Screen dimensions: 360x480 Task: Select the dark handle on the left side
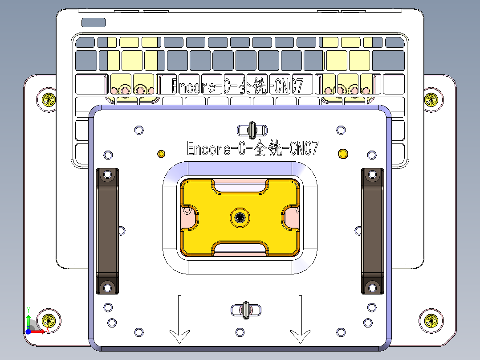tap(107, 231)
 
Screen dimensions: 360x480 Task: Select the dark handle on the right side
tap(372, 231)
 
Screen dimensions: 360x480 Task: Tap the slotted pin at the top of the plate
tap(252, 130)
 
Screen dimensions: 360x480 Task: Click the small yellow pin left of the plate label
tap(161, 154)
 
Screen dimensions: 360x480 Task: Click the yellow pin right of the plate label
tap(343, 154)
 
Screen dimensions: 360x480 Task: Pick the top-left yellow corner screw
tap(48, 99)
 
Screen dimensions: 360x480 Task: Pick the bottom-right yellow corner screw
tap(431, 319)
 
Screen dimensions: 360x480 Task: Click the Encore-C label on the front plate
tap(252, 148)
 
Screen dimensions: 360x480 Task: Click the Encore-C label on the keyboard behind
tap(237, 86)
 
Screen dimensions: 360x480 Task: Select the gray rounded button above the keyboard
tap(94, 22)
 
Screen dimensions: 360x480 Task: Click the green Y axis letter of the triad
tap(28, 309)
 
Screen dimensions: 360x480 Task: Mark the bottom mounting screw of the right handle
tap(373, 287)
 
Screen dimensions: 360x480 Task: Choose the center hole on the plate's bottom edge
tap(240, 332)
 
